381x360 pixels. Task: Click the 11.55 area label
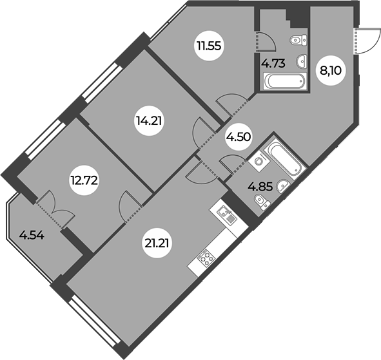click(210, 46)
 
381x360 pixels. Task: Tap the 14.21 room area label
click(149, 120)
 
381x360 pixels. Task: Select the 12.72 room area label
click(84, 180)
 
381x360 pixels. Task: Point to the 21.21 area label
click(157, 243)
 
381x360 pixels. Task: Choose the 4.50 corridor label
click(238, 137)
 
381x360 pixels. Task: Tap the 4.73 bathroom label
click(273, 64)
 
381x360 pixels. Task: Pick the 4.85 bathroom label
click(260, 187)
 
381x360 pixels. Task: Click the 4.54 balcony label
click(32, 235)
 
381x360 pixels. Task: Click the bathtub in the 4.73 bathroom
click(284, 81)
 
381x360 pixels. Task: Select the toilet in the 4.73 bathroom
click(298, 41)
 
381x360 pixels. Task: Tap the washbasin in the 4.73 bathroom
click(302, 61)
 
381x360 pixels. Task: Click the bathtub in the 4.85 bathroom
click(283, 158)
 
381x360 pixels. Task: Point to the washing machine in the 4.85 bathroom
click(259, 161)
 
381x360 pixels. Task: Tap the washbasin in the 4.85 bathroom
click(282, 186)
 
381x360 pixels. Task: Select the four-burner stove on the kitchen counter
click(206, 258)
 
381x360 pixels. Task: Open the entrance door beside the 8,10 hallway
click(367, 41)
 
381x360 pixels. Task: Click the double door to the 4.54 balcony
click(55, 209)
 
